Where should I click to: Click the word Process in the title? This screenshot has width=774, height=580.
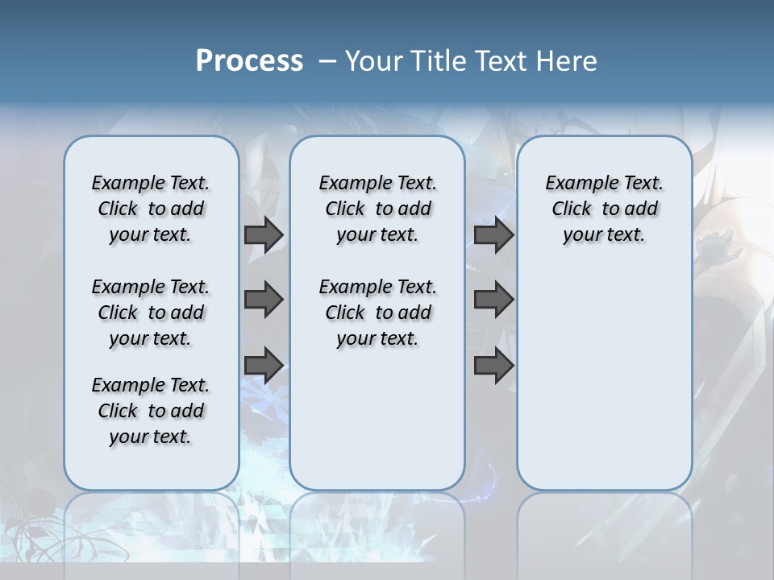[x=249, y=61]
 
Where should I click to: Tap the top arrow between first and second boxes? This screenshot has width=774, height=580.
[x=264, y=234]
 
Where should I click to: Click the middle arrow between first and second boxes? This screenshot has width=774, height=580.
[x=264, y=300]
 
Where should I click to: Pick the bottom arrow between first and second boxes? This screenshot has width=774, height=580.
[x=264, y=365]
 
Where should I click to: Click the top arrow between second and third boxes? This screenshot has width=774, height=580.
[x=493, y=234]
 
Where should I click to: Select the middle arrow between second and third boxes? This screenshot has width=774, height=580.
[x=493, y=300]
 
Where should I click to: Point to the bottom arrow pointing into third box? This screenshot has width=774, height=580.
[x=493, y=365]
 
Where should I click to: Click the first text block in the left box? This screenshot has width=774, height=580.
[x=151, y=209]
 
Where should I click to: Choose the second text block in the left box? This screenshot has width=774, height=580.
[x=151, y=313]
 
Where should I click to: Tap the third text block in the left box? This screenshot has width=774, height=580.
[x=151, y=411]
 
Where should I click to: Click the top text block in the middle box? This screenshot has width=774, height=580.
[x=377, y=209]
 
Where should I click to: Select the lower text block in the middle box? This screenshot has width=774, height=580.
[x=377, y=313]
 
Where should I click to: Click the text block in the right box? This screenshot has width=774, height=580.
[x=605, y=209]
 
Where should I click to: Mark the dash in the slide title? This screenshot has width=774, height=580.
[x=327, y=61]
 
